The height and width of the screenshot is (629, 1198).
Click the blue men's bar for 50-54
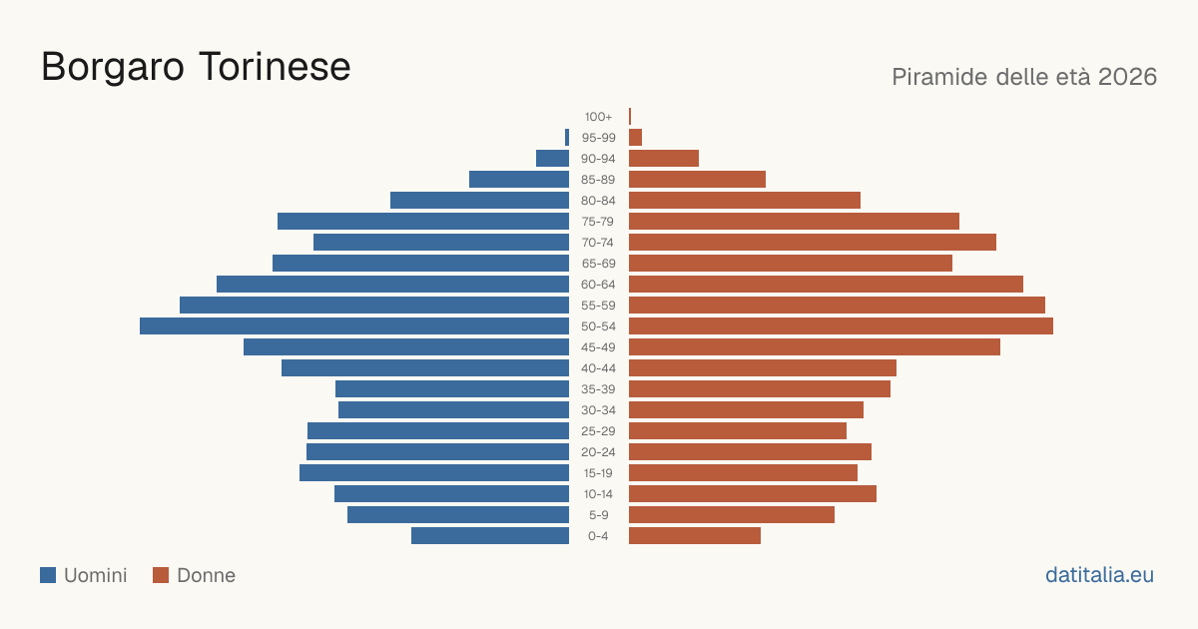(354, 326)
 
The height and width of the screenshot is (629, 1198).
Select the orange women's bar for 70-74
(813, 243)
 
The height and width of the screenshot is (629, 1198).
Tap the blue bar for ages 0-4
(490, 536)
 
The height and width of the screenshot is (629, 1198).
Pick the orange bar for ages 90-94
(664, 159)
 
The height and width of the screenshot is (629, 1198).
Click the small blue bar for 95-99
(567, 138)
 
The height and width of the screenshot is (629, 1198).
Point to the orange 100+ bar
(630, 117)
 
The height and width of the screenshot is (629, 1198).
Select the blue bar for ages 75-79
(423, 222)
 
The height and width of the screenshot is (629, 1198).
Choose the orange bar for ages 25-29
(738, 431)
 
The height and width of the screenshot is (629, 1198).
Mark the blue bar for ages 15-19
(434, 473)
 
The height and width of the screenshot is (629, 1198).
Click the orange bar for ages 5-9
(732, 515)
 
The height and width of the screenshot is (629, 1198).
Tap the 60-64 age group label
(598, 285)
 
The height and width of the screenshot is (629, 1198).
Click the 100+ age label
(598, 117)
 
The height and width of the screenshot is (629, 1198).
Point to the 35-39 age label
(598, 389)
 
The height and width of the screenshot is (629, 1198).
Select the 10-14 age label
(598, 494)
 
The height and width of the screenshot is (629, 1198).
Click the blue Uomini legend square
(48, 575)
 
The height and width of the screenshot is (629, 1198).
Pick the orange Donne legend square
(161, 575)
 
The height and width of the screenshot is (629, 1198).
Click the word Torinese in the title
(275, 67)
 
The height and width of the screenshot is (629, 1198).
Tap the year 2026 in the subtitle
(1127, 77)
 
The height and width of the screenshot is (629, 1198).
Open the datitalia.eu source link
(1099, 575)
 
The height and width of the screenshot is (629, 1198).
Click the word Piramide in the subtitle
(939, 77)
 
